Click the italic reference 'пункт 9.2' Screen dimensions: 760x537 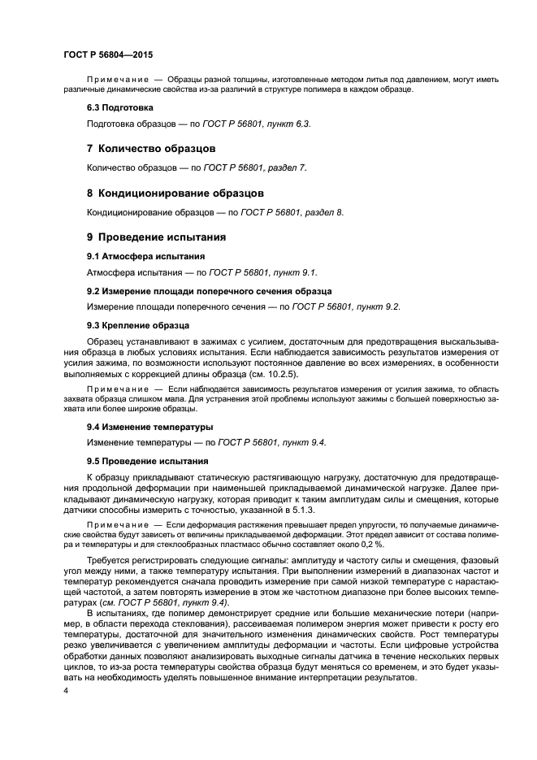coord(377,306)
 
